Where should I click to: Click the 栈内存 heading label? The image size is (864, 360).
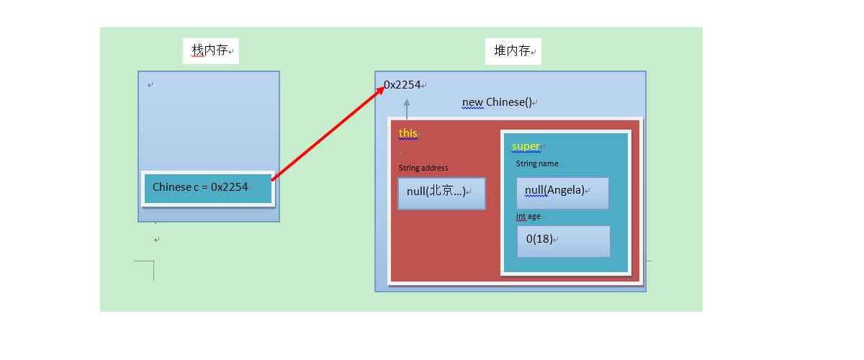click(x=210, y=50)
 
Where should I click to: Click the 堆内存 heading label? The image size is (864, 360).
click(x=512, y=50)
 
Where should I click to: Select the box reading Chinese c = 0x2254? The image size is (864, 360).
click(x=208, y=189)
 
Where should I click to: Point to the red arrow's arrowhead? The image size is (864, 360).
click(x=379, y=91)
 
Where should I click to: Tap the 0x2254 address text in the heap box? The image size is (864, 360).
click(x=402, y=84)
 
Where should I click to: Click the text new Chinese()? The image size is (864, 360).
click(x=497, y=102)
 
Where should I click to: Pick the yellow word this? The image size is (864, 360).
click(x=408, y=133)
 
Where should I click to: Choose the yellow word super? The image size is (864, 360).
click(x=526, y=146)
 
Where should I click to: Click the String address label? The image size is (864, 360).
click(x=423, y=168)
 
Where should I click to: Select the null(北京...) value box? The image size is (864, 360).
click(x=441, y=193)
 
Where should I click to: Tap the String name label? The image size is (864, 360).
click(x=537, y=163)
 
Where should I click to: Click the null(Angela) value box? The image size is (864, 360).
click(x=562, y=193)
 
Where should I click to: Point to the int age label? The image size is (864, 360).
click(x=528, y=217)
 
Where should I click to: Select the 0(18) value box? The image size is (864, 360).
click(x=564, y=241)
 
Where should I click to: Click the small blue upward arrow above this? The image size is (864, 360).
click(x=407, y=109)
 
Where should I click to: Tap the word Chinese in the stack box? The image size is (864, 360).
click(x=172, y=187)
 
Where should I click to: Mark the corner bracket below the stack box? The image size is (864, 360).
click(x=153, y=261)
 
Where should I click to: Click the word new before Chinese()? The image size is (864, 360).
click(x=472, y=103)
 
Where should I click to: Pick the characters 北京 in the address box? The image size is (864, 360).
click(x=441, y=190)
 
